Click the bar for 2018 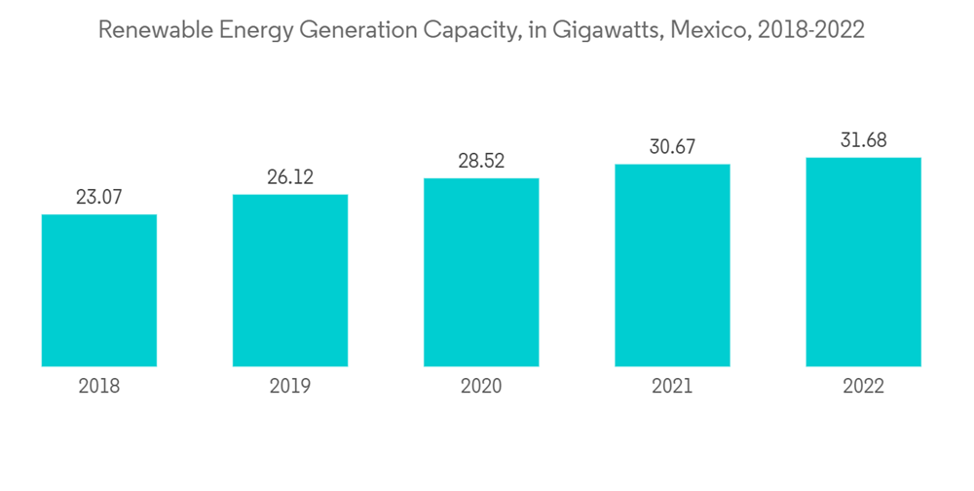[x=99, y=290]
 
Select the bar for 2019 [x=290, y=281]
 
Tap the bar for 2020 [x=481, y=273]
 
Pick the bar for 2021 [x=672, y=265]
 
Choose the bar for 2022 [x=863, y=262]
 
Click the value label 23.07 [x=99, y=198]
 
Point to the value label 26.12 [x=290, y=178]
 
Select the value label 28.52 [x=481, y=162]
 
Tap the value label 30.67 [x=672, y=147]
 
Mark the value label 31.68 [x=863, y=141]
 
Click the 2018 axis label [x=99, y=387]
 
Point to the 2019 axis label [x=290, y=387]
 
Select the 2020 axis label [x=481, y=387]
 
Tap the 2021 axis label [x=672, y=387]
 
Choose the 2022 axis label [x=863, y=387]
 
